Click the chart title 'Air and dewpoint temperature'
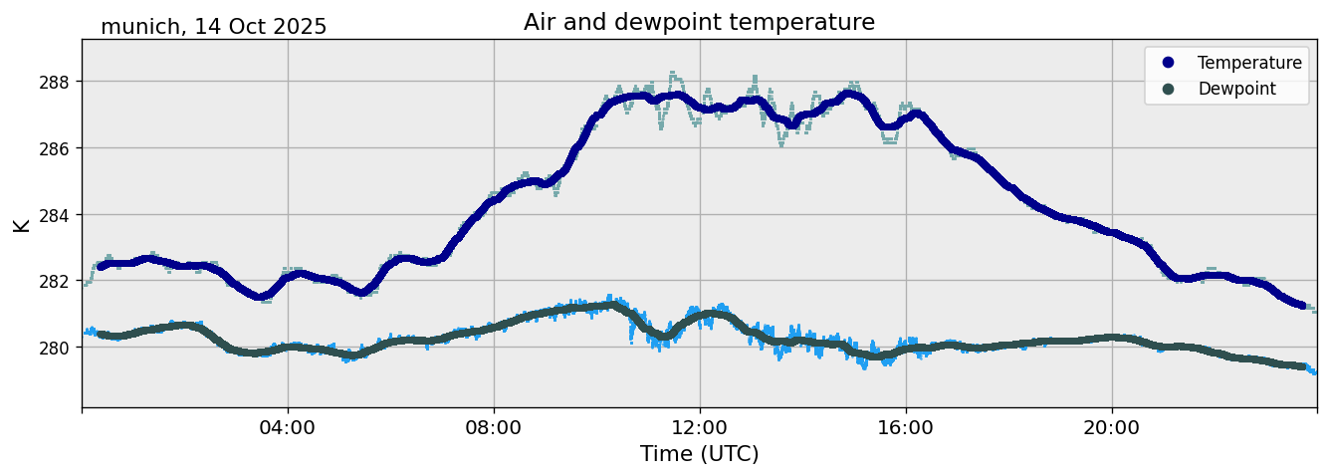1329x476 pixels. pyautogui.click(x=699, y=22)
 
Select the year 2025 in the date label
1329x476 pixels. pyautogui.click(x=301, y=27)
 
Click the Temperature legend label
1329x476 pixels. pyautogui.click(x=1249, y=63)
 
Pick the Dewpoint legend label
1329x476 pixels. pyautogui.click(x=1236, y=89)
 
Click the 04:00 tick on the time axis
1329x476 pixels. pyautogui.click(x=288, y=427)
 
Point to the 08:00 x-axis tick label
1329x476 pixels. pyautogui.click(x=494, y=427)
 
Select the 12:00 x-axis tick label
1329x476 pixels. pyautogui.click(x=700, y=427)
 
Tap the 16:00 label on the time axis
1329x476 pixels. pyautogui.click(x=906, y=427)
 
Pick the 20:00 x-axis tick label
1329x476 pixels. pyautogui.click(x=1112, y=427)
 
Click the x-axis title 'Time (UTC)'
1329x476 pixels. pyautogui.click(x=699, y=454)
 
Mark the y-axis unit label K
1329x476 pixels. pyautogui.click(x=21, y=224)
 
